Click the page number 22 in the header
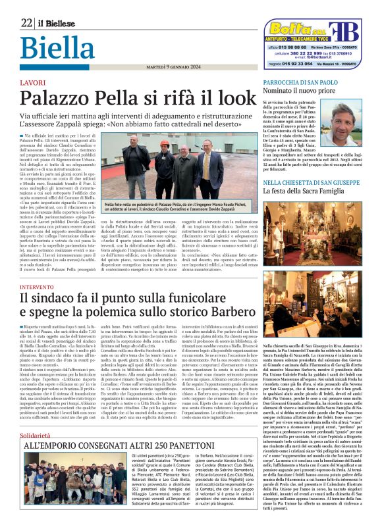click(x=26, y=22)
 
